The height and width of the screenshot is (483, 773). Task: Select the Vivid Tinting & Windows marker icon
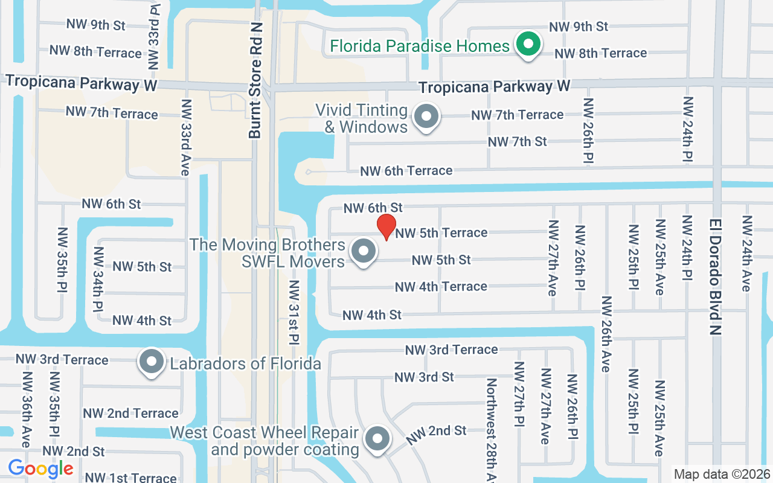pos(427,117)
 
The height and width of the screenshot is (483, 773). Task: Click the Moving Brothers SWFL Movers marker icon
pos(363,251)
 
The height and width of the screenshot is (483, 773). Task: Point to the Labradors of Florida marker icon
pos(152,362)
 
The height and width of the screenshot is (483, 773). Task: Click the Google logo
pos(40,469)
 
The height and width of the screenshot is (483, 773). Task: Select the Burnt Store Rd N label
pos(255,98)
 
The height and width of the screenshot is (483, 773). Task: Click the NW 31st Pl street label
pos(294,312)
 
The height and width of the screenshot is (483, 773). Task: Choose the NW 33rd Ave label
pos(186,137)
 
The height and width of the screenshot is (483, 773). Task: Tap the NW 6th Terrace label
pos(406,171)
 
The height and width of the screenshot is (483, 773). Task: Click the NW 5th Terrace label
pos(441,232)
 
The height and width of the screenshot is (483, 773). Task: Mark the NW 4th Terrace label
pos(441,287)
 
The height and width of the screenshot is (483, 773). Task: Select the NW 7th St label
pos(517,142)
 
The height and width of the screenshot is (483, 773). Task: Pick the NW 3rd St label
pos(424,377)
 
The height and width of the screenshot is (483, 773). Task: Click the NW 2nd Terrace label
pos(131,414)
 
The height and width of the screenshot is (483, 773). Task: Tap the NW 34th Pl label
pos(98,279)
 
